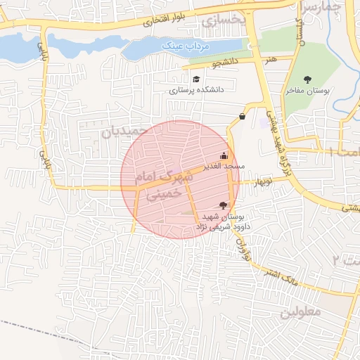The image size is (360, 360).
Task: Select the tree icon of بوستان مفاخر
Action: pyautogui.click(x=307, y=79)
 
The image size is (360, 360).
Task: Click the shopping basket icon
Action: pyautogui.click(x=243, y=117)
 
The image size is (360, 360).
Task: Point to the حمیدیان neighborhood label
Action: pyautogui.click(x=126, y=131)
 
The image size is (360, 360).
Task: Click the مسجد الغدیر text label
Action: pyautogui.click(x=223, y=167)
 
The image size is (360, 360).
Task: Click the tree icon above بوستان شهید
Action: pyautogui.click(x=224, y=205)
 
